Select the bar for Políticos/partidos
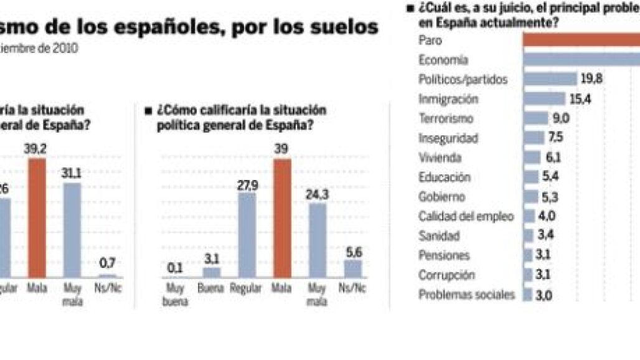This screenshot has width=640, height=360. (x=550, y=79)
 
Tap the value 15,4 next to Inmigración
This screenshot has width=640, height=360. (x=580, y=98)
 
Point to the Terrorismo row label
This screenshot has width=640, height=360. (x=446, y=118)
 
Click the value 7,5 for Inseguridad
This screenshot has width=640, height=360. (x=555, y=138)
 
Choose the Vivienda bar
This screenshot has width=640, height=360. (x=532, y=157)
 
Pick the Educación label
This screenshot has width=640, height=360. (x=444, y=177)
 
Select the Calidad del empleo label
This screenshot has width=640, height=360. (x=466, y=216)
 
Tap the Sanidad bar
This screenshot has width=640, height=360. (x=528, y=235)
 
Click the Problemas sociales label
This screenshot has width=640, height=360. (x=467, y=295)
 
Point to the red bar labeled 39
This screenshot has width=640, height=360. (x=283, y=218)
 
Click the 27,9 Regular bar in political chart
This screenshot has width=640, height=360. (x=247, y=235)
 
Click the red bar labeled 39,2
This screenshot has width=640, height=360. (x=37, y=218)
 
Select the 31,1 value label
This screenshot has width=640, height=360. (x=72, y=172)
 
